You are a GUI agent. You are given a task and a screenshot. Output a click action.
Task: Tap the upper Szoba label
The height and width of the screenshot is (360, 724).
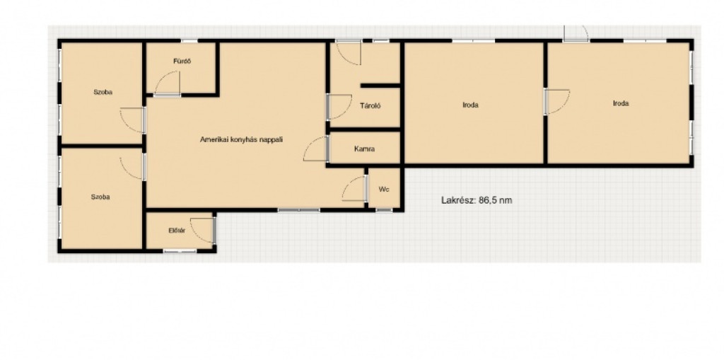pos(103,92)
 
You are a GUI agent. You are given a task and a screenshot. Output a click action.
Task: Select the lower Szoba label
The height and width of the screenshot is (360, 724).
pos(100,197)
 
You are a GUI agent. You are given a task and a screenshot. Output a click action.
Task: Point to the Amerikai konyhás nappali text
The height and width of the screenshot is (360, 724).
pos(241,139)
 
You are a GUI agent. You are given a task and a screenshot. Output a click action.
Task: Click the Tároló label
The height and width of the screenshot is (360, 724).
pos(370,106)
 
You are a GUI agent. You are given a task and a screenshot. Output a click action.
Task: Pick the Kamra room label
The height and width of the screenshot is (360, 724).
pos(364,149)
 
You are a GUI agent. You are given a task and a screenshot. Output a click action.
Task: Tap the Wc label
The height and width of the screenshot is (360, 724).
pos(383,190)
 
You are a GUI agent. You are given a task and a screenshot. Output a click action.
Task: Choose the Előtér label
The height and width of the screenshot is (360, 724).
pos(177,231)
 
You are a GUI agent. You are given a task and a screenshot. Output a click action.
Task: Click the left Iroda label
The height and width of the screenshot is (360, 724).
pos(470,105)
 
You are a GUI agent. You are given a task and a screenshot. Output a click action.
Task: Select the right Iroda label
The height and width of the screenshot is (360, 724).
pos(621,103)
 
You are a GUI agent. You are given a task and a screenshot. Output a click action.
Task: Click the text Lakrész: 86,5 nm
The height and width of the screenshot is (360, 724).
pos(477,200)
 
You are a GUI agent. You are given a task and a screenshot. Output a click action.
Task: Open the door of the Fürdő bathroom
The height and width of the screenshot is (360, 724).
pos(167,83)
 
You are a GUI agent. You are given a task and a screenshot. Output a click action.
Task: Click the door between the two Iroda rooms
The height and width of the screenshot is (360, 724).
pos(556,102)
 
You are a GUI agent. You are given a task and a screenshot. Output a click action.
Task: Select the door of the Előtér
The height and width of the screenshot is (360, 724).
pos(203,230)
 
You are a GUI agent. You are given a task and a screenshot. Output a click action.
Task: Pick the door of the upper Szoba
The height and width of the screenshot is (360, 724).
pos(132,120)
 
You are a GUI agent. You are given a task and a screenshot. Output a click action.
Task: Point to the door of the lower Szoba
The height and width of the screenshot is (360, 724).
pos(132,166)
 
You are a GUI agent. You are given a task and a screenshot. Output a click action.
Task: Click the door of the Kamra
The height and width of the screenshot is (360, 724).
pos(316,149)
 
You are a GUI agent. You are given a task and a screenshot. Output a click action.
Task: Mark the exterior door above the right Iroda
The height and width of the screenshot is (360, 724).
pos(576,33)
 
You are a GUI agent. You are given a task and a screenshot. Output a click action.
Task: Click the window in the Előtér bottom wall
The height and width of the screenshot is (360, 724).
pos(180,251)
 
